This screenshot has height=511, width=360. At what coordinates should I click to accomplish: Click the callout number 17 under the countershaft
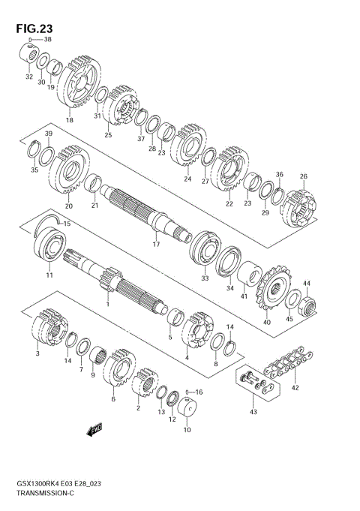(x=157, y=245)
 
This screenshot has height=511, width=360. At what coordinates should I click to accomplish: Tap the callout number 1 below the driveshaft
(x=107, y=304)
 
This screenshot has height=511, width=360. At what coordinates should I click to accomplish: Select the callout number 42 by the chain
(x=295, y=388)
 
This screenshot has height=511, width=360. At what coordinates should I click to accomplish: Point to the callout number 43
(x=253, y=412)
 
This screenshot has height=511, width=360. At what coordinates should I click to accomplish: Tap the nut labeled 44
(x=308, y=305)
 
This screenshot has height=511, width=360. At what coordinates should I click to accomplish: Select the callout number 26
(x=303, y=177)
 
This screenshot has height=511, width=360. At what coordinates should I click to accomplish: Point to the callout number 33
(x=204, y=278)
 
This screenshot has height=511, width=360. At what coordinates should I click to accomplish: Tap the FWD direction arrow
(x=94, y=430)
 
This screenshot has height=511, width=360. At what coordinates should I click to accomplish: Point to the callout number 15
(x=66, y=224)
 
